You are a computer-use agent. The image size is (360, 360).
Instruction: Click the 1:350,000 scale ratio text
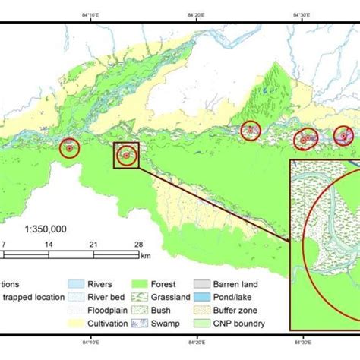pos(46,228)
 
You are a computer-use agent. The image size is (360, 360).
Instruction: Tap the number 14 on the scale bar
pos(49,244)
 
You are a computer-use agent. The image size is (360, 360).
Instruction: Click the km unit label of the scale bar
pos(145,255)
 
